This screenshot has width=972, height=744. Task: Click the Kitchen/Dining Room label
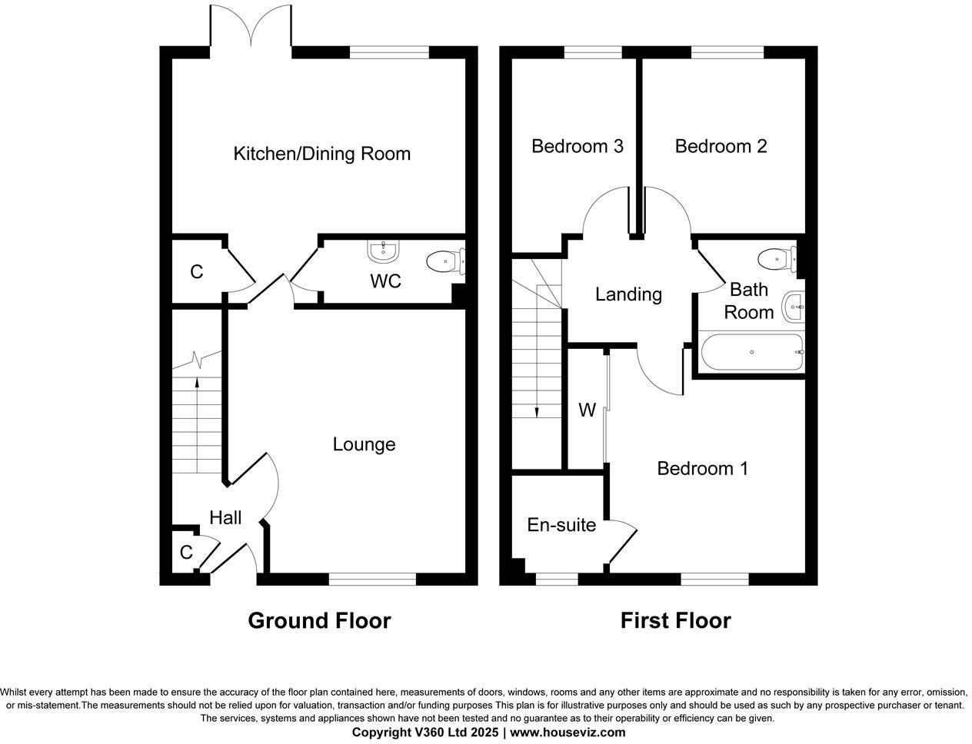[x=321, y=154]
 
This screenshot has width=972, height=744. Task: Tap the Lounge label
[x=364, y=444]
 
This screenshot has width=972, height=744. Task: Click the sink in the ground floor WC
[x=383, y=251]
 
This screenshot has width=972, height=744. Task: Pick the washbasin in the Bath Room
[x=792, y=307]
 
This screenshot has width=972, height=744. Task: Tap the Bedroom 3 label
[x=577, y=146]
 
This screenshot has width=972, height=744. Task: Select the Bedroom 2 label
[x=721, y=146]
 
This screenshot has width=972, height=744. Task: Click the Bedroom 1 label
[x=702, y=468]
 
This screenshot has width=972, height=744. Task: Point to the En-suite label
[x=561, y=525]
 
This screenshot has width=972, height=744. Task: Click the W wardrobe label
[x=587, y=410]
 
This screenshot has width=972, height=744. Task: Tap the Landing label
[x=628, y=294]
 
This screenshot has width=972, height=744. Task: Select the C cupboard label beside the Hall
[x=185, y=553]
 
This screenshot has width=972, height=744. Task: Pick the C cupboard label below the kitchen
[x=196, y=272]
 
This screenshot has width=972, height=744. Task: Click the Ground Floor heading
[x=319, y=620]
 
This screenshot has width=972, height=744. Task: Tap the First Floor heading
[x=675, y=620]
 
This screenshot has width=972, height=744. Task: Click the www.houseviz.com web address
[x=568, y=732]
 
